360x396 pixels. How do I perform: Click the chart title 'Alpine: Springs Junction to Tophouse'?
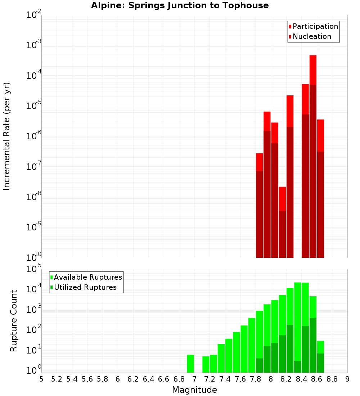(x=180, y=6)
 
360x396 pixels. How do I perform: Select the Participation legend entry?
(x=313, y=27)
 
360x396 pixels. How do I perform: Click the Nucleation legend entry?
(x=310, y=37)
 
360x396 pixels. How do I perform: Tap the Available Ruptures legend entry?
(x=86, y=277)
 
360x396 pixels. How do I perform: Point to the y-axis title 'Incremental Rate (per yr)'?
(x=7, y=136)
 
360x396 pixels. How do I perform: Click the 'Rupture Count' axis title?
(x=14, y=321)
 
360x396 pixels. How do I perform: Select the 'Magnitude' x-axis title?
(x=194, y=390)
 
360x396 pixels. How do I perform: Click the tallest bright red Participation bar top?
(x=313, y=56)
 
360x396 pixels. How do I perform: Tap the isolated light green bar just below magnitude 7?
(x=190, y=364)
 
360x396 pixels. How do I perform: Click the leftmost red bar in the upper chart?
(x=259, y=205)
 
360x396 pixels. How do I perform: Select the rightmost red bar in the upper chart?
(x=320, y=187)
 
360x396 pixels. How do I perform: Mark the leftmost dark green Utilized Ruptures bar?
(x=259, y=365)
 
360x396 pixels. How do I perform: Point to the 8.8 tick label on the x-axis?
(x=332, y=379)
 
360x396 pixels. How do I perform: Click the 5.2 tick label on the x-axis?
(x=57, y=379)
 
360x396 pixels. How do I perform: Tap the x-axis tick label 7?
(x=194, y=379)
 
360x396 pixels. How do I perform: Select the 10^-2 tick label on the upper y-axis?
(x=34, y=15)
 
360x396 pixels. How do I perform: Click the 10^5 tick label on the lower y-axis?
(x=35, y=269)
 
